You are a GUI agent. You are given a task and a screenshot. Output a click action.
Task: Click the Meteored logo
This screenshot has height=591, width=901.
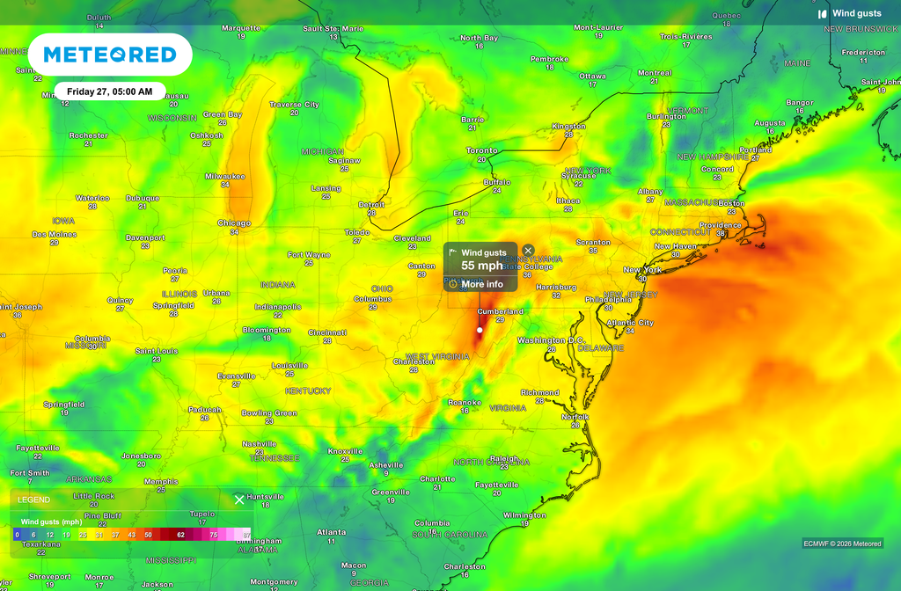click(x=109, y=55)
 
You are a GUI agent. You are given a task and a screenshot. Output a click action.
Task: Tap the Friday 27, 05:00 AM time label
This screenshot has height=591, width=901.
click(x=110, y=91)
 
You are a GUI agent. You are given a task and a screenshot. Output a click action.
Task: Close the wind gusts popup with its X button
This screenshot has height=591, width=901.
click(x=528, y=251)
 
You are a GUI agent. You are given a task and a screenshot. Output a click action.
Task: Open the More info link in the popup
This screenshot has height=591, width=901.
click(x=482, y=284)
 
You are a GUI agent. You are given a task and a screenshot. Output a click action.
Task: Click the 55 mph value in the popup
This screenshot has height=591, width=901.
click(x=482, y=266)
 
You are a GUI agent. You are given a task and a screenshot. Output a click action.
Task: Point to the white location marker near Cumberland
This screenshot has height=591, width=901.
click(x=480, y=331)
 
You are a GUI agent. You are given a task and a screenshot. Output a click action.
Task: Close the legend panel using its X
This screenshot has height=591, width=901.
click(x=239, y=500)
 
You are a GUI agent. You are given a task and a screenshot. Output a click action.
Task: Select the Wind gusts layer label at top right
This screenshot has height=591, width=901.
click(x=856, y=13)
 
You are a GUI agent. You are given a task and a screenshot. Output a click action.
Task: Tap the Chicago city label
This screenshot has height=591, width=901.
click(x=234, y=223)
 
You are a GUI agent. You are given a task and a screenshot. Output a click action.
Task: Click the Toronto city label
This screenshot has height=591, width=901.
click(x=481, y=151)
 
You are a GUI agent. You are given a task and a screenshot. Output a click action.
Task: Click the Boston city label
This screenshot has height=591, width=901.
click(x=731, y=203)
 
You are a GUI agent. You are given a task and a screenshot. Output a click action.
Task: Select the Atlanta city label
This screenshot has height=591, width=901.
click(x=332, y=532)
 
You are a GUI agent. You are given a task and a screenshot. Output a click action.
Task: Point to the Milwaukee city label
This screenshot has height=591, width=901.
click(x=225, y=176)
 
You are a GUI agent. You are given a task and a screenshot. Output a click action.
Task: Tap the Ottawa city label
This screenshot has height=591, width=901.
click(x=592, y=76)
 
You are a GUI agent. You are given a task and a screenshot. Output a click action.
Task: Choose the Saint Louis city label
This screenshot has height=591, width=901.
click(x=156, y=351)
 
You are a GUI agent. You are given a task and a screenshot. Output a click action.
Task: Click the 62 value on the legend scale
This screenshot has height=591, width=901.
click(x=180, y=534)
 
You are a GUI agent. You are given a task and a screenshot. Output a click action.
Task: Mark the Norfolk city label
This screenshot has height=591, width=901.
click(x=575, y=417)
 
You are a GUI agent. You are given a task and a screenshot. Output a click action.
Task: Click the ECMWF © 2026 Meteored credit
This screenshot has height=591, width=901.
click(x=842, y=544)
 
